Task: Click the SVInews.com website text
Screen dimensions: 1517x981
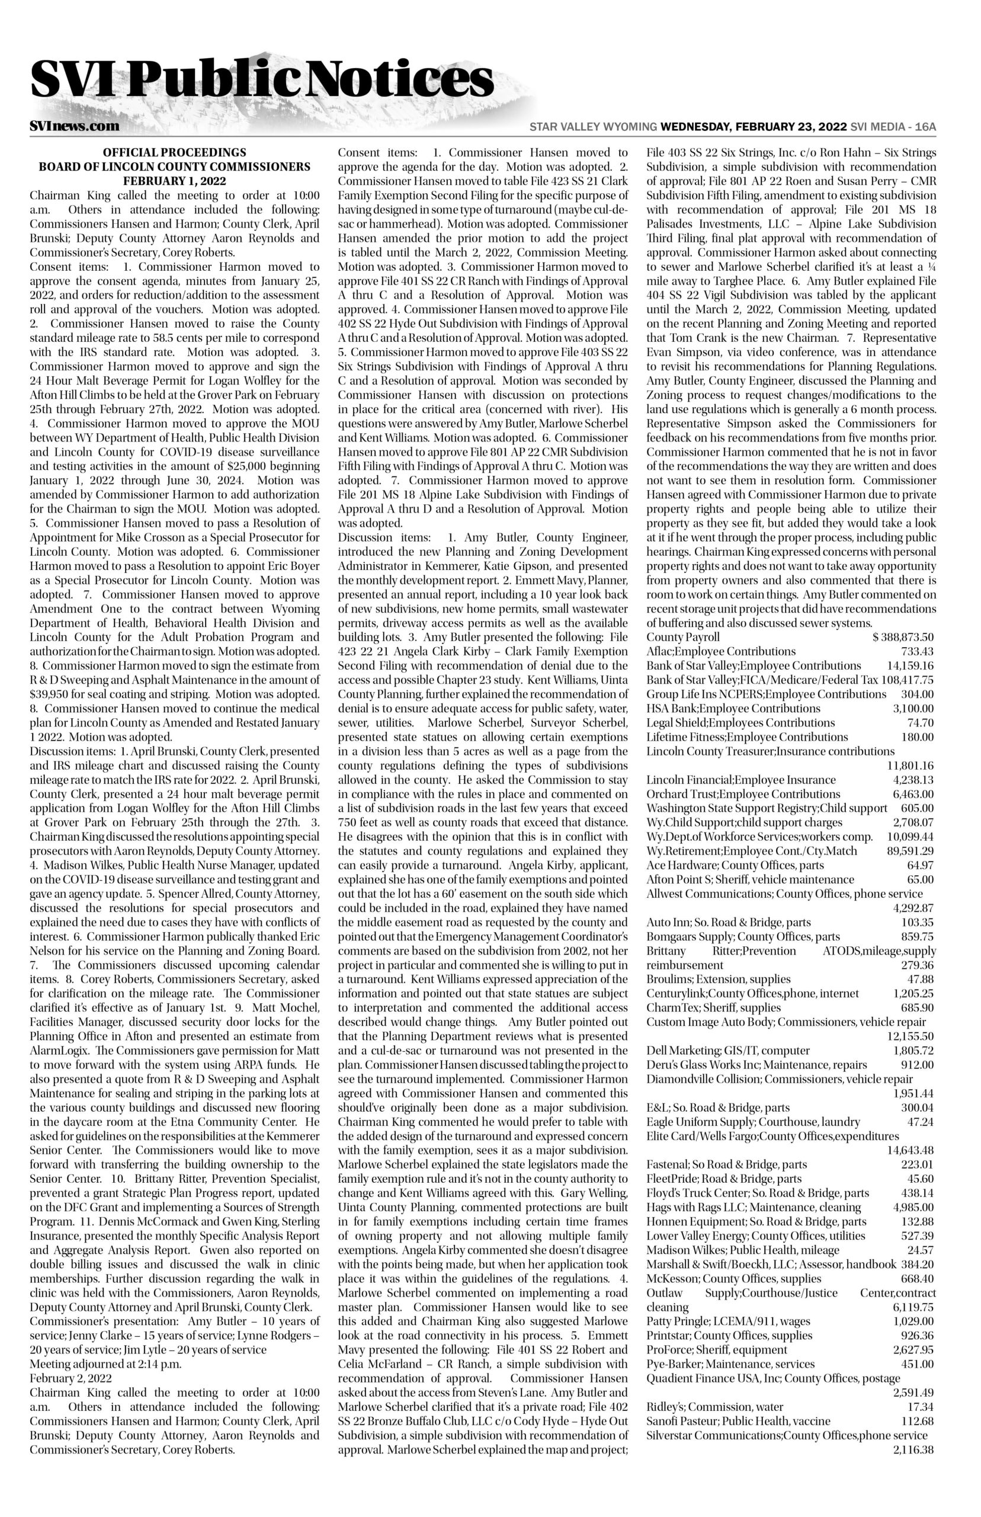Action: pos(75,126)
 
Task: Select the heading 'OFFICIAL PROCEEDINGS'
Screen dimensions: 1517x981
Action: pos(175,153)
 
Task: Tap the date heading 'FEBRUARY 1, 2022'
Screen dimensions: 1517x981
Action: pos(175,181)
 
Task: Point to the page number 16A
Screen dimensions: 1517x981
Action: pos(925,127)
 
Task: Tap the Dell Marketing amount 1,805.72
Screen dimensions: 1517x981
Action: pos(913,1051)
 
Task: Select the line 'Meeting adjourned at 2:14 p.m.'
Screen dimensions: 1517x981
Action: pos(107,1364)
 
